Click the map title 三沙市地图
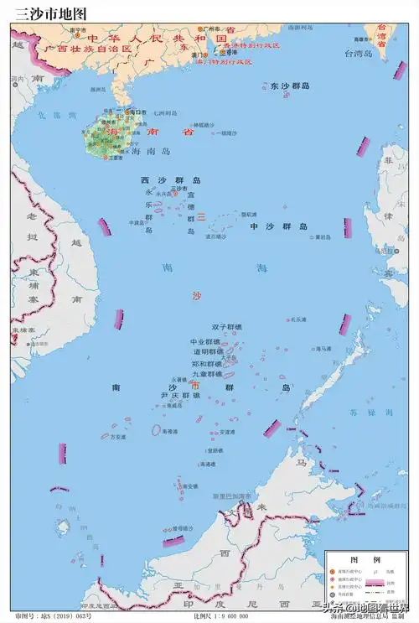coord(50,13)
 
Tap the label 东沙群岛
coord(291,86)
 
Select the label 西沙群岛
coord(170,180)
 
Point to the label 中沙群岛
coord(279,226)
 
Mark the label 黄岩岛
coord(323,236)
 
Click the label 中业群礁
coord(205,341)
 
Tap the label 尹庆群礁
coord(180,394)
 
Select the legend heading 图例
coord(365,559)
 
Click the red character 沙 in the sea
coord(197,296)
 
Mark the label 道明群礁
coord(205,352)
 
